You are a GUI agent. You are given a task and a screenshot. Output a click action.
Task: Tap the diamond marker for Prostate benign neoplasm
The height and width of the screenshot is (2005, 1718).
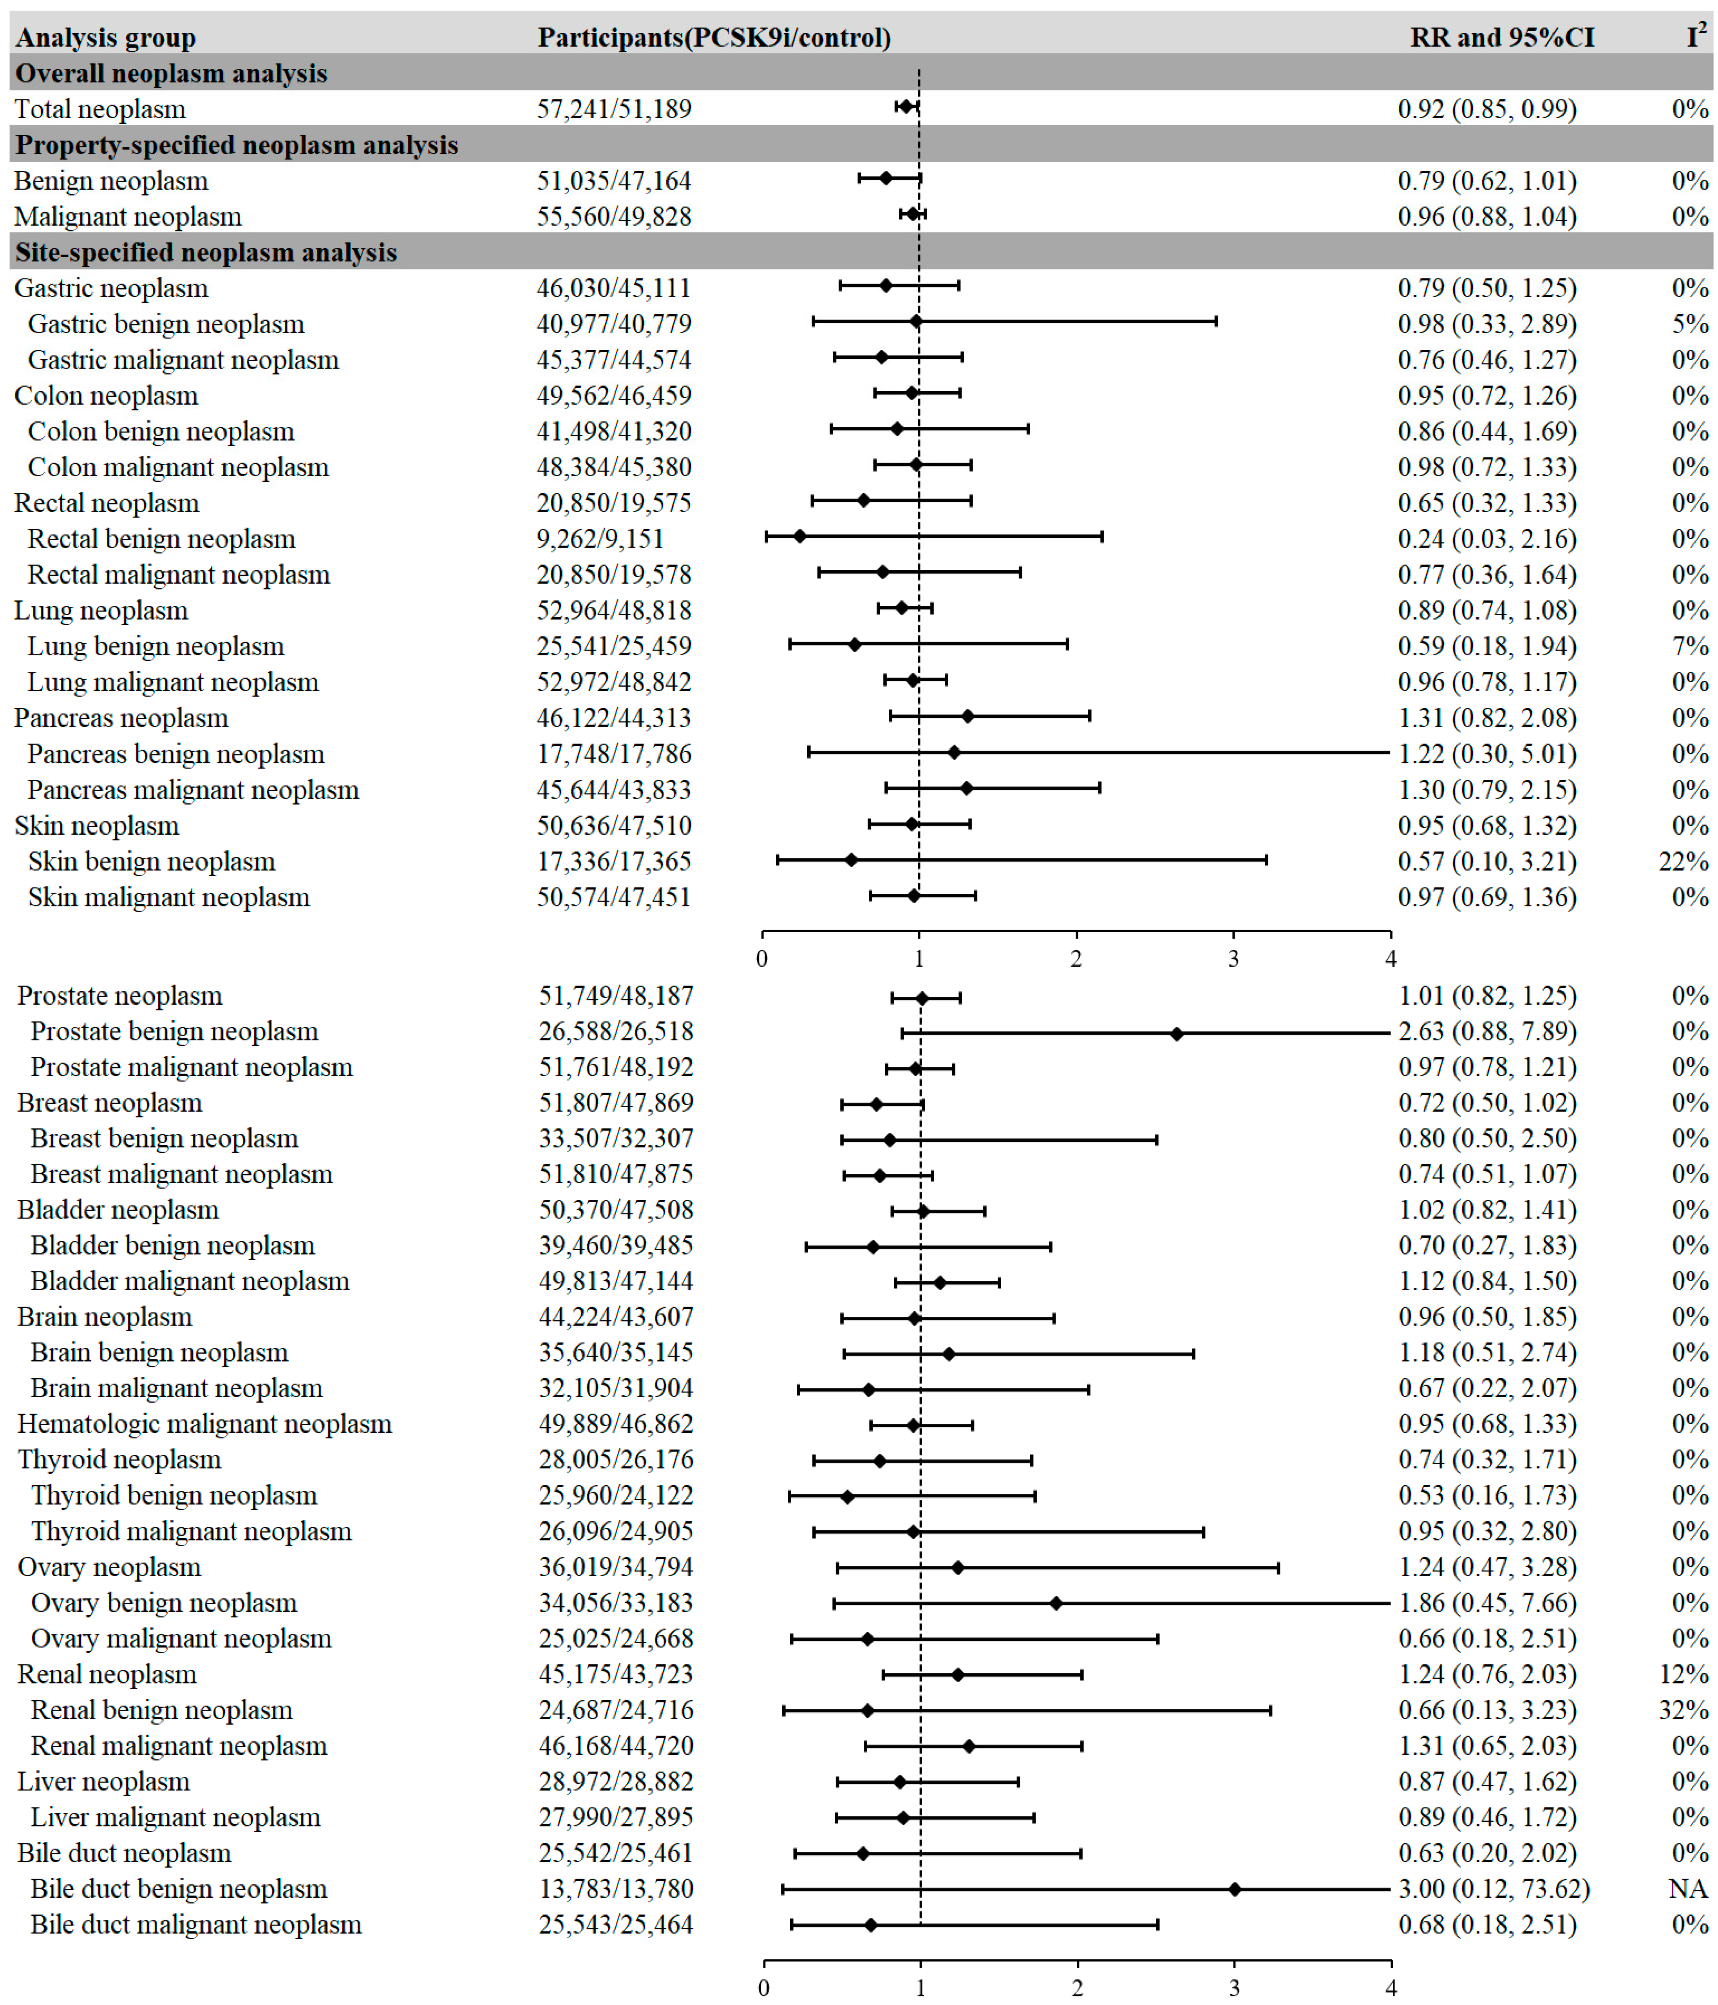click(1176, 1034)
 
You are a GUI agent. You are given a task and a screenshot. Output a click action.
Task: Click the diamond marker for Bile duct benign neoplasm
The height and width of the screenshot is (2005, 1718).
click(1234, 1889)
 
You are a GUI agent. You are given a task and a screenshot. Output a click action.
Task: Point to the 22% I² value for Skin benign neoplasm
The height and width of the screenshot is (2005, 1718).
click(1683, 861)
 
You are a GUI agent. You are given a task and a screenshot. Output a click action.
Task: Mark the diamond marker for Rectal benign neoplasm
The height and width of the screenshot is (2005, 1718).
click(799, 536)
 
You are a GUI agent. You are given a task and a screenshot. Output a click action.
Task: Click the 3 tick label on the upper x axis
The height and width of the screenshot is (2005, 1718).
click(1233, 959)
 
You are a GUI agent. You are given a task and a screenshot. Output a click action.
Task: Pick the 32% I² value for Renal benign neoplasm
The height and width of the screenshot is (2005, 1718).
click(1683, 1710)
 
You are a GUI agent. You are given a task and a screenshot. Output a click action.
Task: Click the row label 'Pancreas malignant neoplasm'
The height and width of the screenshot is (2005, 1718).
click(193, 790)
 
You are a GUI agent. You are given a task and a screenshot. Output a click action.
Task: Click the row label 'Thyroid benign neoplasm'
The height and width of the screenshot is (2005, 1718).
click(173, 1495)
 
